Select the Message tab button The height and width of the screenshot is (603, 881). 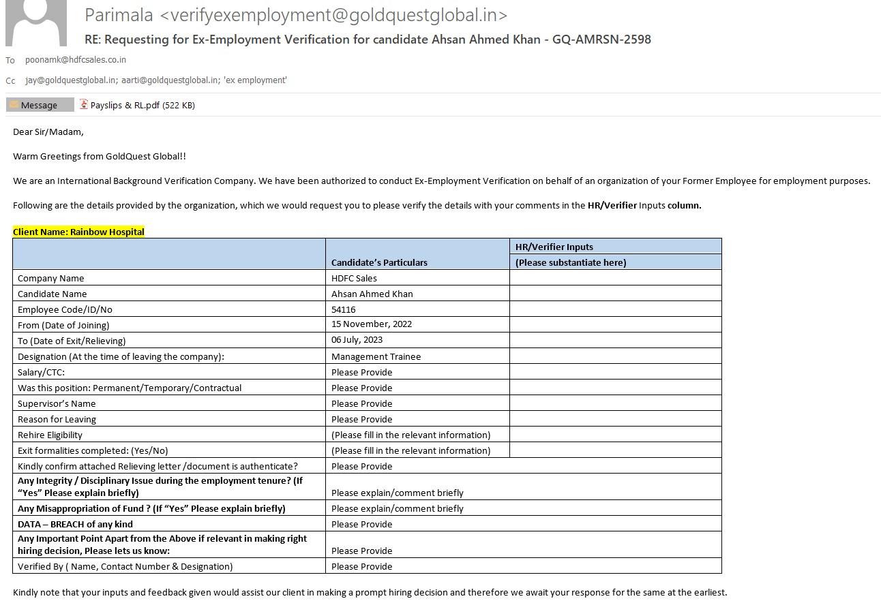pos(40,105)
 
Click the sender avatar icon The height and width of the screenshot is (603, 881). pos(35,23)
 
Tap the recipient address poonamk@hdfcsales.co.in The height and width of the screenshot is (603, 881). pos(76,60)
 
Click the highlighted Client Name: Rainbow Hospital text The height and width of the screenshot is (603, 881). pos(78,232)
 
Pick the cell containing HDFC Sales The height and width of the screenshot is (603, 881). pos(354,278)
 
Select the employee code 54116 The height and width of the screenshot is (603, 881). pos(344,309)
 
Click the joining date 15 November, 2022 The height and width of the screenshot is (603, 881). pos(372,324)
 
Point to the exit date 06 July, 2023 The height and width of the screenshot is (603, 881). pos(357,340)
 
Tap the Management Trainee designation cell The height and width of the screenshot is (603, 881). pos(376,356)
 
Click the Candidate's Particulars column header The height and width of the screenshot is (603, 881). pos(379,262)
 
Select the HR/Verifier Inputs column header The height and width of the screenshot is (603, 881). pos(554,247)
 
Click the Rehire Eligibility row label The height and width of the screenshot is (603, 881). pos(50,435)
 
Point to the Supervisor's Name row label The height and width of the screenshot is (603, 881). pos(57,403)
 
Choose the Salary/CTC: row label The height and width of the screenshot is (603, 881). pos(41,372)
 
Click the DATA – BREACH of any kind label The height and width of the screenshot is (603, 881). pos(75,524)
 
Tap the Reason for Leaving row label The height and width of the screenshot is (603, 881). pos(57,419)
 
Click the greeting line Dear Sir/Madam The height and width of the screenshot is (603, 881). pos(48,132)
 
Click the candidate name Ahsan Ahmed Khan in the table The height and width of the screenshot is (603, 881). pos(372,294)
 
